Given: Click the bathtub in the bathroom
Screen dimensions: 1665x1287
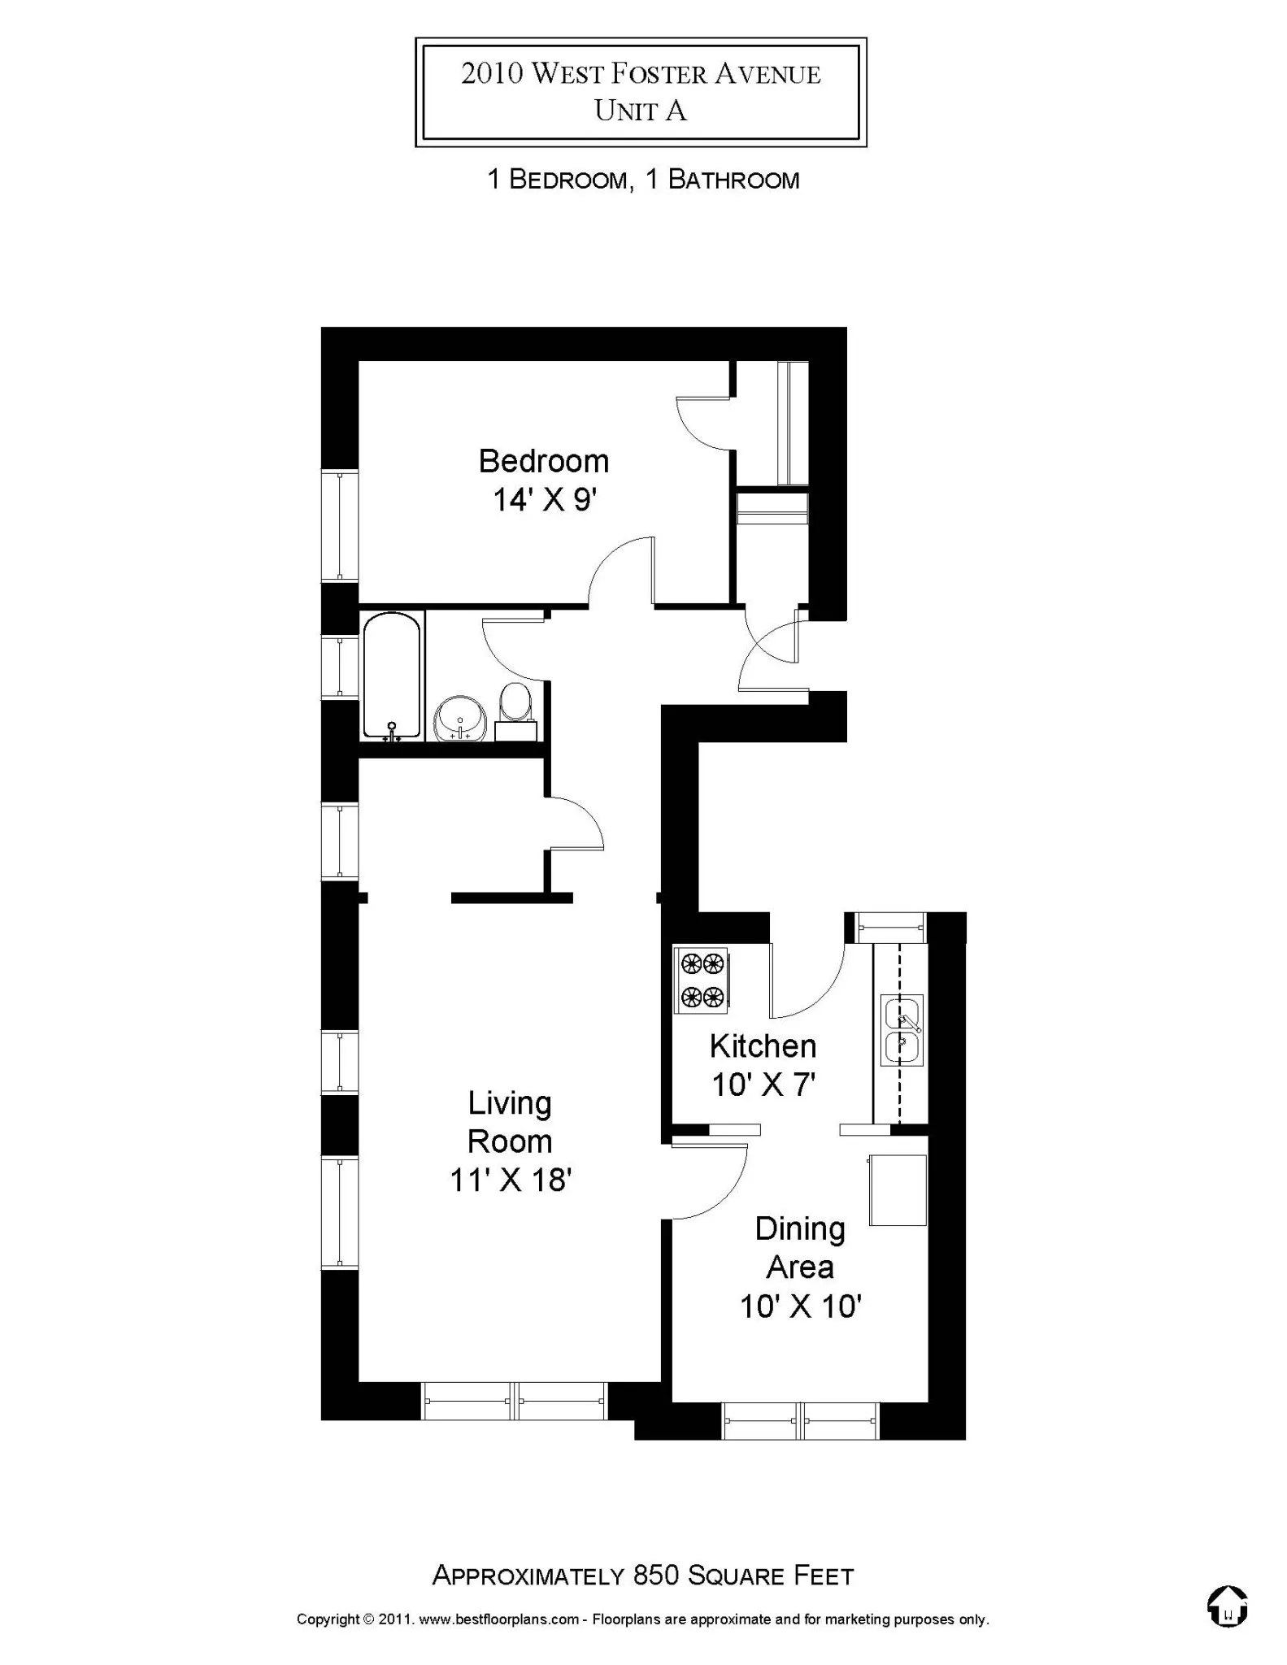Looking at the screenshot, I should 392,676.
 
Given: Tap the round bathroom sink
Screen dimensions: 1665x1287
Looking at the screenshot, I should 460,719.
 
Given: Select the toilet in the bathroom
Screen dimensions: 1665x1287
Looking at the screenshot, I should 515,704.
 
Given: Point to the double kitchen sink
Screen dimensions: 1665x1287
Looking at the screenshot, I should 902,1030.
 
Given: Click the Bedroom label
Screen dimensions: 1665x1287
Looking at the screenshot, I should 543,462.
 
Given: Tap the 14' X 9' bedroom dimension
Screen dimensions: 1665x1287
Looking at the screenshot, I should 545,500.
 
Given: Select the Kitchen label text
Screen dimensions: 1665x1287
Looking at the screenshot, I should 763,1046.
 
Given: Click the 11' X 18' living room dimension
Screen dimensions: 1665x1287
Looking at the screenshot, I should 511,1180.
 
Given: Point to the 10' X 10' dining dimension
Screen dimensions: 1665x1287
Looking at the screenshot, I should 800,1306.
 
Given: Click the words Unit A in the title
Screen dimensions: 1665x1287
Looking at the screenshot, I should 641,111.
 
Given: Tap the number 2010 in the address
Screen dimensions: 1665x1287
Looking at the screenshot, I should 492,74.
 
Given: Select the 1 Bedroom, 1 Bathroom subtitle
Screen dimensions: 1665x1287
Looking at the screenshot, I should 642,180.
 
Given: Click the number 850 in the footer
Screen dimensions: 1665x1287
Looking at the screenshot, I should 656,1576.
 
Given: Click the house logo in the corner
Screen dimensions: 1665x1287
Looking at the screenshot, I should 1228,1607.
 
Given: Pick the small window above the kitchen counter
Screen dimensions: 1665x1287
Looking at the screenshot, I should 891,927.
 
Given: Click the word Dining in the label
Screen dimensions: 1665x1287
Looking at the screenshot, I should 800,1229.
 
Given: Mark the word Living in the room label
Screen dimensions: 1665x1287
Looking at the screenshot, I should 510,1103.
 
